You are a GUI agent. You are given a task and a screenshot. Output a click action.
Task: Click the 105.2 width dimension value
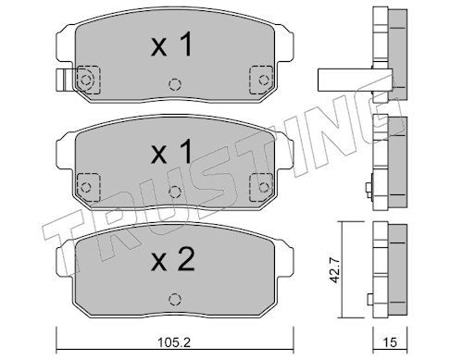[x=174, y=341]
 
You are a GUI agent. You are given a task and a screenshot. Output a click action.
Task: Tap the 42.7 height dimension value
[x=334, y=270]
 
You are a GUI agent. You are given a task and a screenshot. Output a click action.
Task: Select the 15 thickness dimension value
[x=390, y=341]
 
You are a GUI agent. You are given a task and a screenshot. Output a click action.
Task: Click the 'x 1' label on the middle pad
[x=171, y=151]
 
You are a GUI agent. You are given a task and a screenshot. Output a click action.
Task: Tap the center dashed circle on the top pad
[x=175, y=84]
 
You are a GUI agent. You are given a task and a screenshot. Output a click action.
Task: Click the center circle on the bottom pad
[x=175, y=299]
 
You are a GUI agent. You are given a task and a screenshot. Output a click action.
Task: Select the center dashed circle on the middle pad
[x=175, y=192]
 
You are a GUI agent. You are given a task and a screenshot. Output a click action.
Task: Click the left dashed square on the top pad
[x=89, y=80]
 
